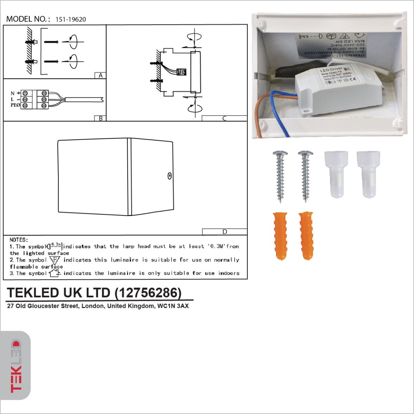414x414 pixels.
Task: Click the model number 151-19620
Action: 71,20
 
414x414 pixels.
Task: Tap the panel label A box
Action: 100,76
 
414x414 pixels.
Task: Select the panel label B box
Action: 100,118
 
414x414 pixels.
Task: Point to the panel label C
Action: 224,118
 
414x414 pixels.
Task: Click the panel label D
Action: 225,232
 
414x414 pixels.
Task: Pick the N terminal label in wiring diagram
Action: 13,93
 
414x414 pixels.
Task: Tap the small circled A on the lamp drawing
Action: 169,176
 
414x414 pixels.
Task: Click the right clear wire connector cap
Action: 368,174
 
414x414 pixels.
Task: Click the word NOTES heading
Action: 19,240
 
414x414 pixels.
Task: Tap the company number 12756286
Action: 148,293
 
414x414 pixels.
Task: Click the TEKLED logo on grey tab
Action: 16,366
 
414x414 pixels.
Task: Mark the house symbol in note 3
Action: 54,273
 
